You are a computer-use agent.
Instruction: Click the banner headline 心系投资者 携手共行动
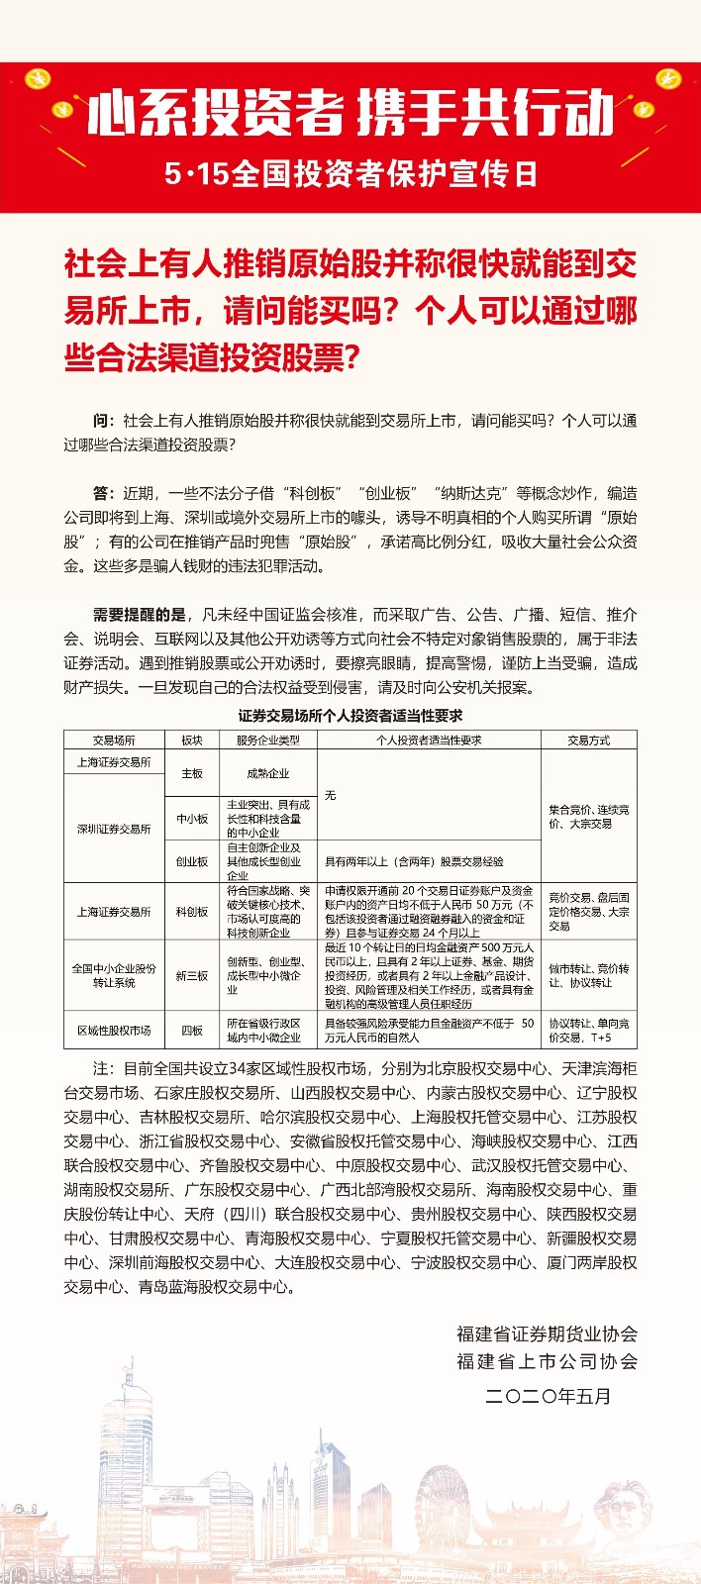[x=350, y=112]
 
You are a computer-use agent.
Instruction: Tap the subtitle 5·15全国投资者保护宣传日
[x=350, y=174]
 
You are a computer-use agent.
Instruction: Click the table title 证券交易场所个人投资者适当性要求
[x=350, y=715]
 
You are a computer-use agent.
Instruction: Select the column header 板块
[x=192, y=740]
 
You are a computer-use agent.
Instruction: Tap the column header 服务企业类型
[x=267, y=740]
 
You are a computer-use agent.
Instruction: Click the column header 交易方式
[x=588, y=740]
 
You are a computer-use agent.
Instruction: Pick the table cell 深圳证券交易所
[x=114, y=829]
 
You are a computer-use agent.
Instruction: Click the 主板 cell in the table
[x=192, y=773]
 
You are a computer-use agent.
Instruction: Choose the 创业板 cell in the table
[x=192, y=861]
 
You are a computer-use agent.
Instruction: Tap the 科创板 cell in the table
[x=192, y=912]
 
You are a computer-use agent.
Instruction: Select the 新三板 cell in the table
[x=192, y=975]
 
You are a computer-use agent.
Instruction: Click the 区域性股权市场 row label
[x=114, y=1030]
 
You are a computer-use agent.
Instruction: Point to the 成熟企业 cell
[x=267, y=773]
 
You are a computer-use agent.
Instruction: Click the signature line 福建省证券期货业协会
[x=547, y=1334]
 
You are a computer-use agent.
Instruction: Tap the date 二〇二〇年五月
[x=549, y=1397]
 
